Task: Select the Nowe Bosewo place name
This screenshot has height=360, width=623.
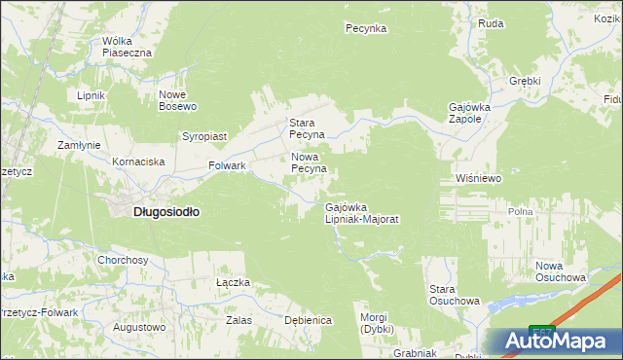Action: click(x=178, y=100)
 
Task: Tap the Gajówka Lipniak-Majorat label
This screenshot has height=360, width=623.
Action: click(x=362, y=213)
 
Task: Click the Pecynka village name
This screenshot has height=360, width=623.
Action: click(x=366, y=29)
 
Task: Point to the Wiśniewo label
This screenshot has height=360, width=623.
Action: click(x=477, y=179)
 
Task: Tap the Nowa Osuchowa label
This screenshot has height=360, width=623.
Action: click(x=560, y=271)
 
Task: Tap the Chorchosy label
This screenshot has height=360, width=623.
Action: click(x=123, y=261)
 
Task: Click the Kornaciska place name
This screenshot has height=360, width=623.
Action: click(x=138, y=162)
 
